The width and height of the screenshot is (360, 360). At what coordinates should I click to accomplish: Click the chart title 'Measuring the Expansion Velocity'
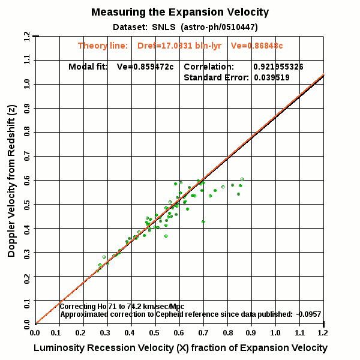click(x=180, y=12)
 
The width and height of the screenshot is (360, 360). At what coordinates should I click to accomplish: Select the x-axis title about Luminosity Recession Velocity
click(x=180, y=348)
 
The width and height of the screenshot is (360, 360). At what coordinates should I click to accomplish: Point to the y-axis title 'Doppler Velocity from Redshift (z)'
click(x=12, y=180)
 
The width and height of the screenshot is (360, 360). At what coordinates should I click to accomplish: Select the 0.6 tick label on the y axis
click(x=27, y=180)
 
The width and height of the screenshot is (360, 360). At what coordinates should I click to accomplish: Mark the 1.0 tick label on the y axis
click(x=27, y=84)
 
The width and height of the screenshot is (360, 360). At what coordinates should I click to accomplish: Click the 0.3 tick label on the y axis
click(x=27, y=252)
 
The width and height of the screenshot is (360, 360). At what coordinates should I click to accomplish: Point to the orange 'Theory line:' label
click(x=103, y=46)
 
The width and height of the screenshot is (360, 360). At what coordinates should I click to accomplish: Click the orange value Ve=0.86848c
click(x=257, y=46)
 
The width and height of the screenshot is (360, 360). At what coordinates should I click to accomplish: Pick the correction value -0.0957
click(x=310, y=314)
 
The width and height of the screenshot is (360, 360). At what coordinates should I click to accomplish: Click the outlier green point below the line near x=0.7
click(x=203, y=221)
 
